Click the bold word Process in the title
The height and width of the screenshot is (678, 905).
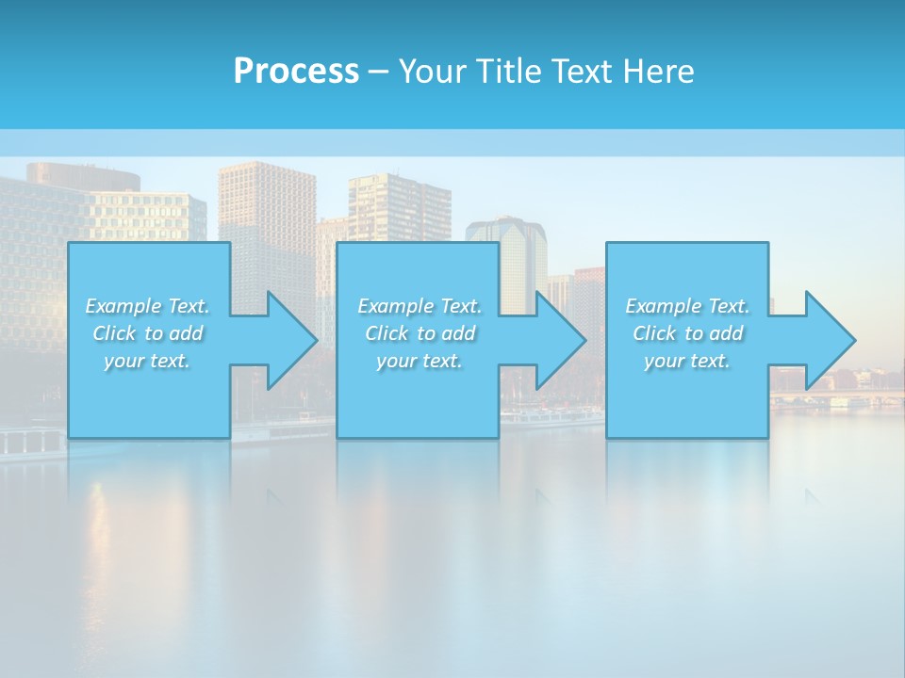pos(296,72)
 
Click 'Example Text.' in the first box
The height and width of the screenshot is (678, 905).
pos(147,306)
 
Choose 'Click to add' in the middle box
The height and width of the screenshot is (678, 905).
pos(420,333)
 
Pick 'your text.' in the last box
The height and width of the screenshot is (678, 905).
pos(687,361)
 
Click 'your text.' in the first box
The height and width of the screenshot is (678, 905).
pos(147,361)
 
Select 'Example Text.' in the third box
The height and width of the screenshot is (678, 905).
pos(687,306)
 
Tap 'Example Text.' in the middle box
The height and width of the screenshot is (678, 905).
pos(420,306)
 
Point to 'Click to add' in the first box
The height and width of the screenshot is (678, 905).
pos(147,333)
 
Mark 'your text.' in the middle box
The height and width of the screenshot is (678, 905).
pos(420,361)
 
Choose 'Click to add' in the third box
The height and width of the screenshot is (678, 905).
pos(687,333)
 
